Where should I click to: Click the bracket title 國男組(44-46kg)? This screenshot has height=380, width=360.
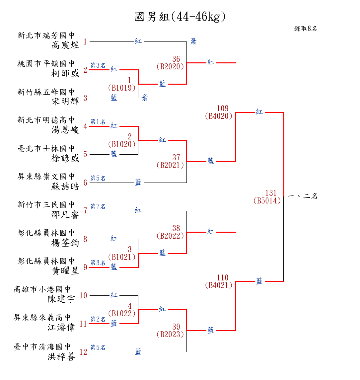[x=180, y=17]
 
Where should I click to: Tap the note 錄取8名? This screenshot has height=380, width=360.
[x=306, y=29]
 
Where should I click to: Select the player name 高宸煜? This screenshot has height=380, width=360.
[x=66, y=45]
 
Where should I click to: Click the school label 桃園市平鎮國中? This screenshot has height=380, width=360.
[x=46, y=64]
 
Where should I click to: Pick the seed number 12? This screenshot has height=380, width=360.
[x=83, y=352]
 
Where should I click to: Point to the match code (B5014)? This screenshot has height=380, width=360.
[x=267, y=201]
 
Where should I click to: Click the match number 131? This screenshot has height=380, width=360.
[x=271, y=193]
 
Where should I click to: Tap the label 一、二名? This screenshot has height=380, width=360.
[x=303, y=196]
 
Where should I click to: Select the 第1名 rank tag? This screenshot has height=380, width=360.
[x=98, y=122]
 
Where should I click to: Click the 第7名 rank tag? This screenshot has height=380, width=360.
[x=98, y=206]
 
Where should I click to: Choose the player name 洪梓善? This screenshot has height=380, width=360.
[x=61, y=357]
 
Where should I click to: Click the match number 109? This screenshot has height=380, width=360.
[x=223, y=109]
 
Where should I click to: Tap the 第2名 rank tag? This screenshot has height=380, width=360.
[x=98, y=319]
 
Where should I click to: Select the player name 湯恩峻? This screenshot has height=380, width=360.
[x=66, y=129]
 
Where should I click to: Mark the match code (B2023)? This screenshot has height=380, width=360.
[x=170, y=335]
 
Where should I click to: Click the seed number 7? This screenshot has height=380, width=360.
[x=85, y=211]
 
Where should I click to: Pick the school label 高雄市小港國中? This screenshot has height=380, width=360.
[x=42, y=289]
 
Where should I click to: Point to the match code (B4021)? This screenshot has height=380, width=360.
[x=219, y=285]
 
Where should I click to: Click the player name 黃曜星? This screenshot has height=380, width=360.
[x=66, y=271]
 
